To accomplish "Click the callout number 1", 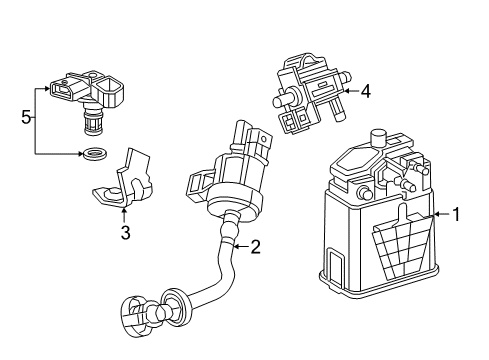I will (456, 213).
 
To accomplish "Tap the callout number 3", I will (126, 234).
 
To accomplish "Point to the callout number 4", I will (366, 92).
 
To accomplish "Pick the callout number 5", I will (26, 117).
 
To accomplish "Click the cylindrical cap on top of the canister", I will (379, 138).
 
